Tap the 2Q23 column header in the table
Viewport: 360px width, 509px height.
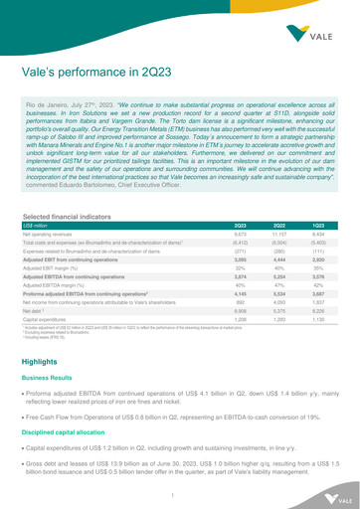point(226,227)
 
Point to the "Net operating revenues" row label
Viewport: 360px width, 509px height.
point(67,236)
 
